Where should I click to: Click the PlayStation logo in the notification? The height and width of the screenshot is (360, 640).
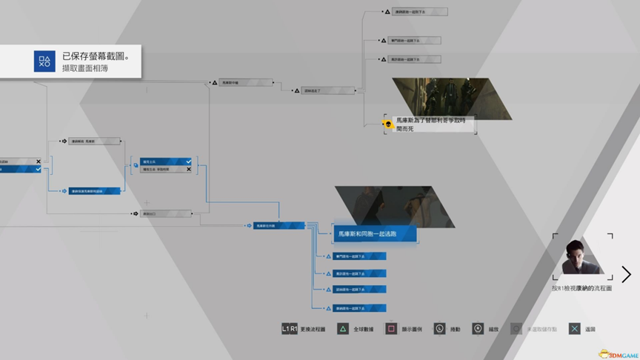tap(44, 61)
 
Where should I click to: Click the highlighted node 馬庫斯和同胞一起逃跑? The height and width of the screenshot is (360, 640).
tap(374, 234)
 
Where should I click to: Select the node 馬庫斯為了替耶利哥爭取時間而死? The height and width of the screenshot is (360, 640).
tap(431, 124)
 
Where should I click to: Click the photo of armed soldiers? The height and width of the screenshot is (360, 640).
tap(452, 98)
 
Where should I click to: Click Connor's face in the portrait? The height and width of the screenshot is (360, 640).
tap(578, 255)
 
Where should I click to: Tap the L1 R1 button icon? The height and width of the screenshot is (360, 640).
tap(290, 329)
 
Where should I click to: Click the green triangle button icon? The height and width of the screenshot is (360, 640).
tap(342, 329)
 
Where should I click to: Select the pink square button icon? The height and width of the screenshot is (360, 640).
tap(391, 329)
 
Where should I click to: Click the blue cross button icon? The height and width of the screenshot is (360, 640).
tap(574, 329)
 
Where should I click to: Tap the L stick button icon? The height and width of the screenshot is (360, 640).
tap(439, 329)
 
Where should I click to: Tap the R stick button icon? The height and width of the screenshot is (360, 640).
tap(478, 329)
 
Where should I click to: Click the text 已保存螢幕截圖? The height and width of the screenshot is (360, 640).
tap(96, 56)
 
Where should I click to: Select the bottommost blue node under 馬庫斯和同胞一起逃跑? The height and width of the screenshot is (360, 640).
tap(359, 307)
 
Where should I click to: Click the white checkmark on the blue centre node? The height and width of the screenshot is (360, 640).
tap(189, 161)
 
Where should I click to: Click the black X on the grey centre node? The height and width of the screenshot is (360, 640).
tap(189, 169)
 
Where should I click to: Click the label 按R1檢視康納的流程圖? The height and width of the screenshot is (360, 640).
tap(582, 288)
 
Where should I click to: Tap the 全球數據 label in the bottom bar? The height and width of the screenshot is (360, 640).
tap(364, 329)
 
